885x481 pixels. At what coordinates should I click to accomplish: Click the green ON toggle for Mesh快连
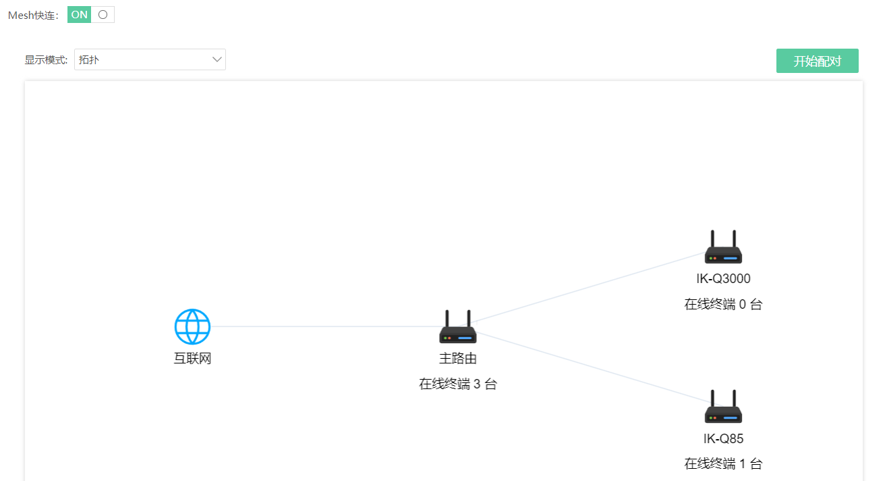pos(91,15)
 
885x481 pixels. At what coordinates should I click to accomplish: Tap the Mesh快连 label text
pos(33,15)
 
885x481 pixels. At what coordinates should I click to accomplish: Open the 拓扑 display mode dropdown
pos(150,59)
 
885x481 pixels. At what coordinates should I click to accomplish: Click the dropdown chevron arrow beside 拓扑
pos(217,59)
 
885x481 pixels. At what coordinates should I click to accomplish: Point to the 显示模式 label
pos(46,59)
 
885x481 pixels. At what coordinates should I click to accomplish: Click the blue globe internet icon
pos(192,326)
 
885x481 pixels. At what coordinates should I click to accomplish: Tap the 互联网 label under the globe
pos(192,358)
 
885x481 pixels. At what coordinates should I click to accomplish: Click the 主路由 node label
pos(458,358)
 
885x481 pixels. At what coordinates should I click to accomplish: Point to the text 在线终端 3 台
pos(458,384)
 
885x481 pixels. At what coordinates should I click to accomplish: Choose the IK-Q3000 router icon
pos(723,247)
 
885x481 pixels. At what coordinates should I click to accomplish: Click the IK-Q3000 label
pos(723,278)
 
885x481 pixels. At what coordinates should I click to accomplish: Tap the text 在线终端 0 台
pos(723,304)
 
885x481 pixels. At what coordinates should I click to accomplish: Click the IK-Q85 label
pos(723,438)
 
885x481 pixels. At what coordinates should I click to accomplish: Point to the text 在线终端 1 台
pos(723,463)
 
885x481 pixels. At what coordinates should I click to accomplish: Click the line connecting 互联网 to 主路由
pos(325,326)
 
